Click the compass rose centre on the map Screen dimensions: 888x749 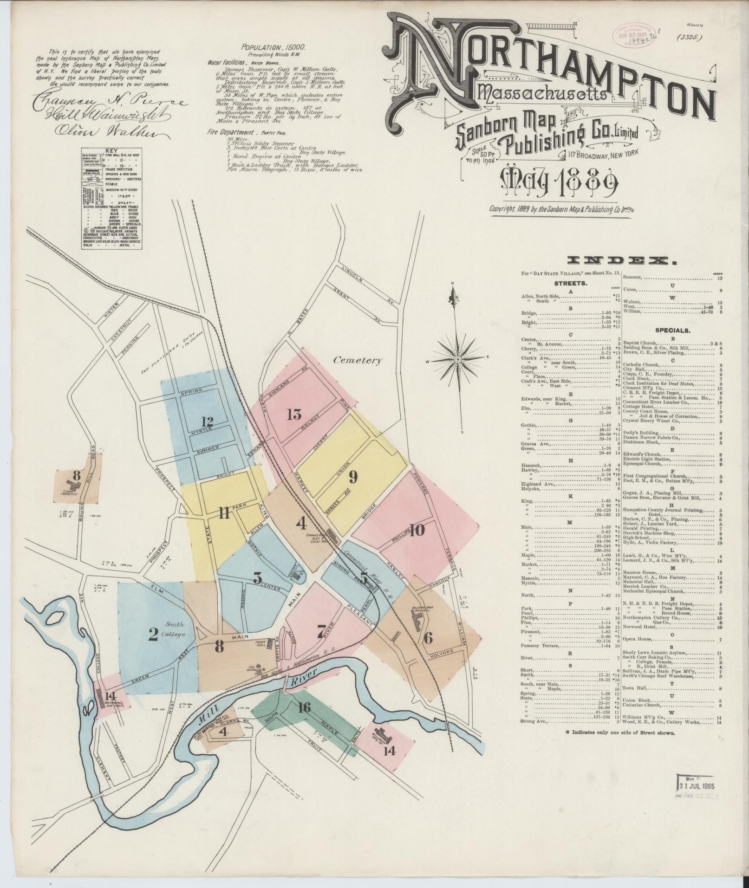point(458,359)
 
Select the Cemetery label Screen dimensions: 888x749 point(357,360)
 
